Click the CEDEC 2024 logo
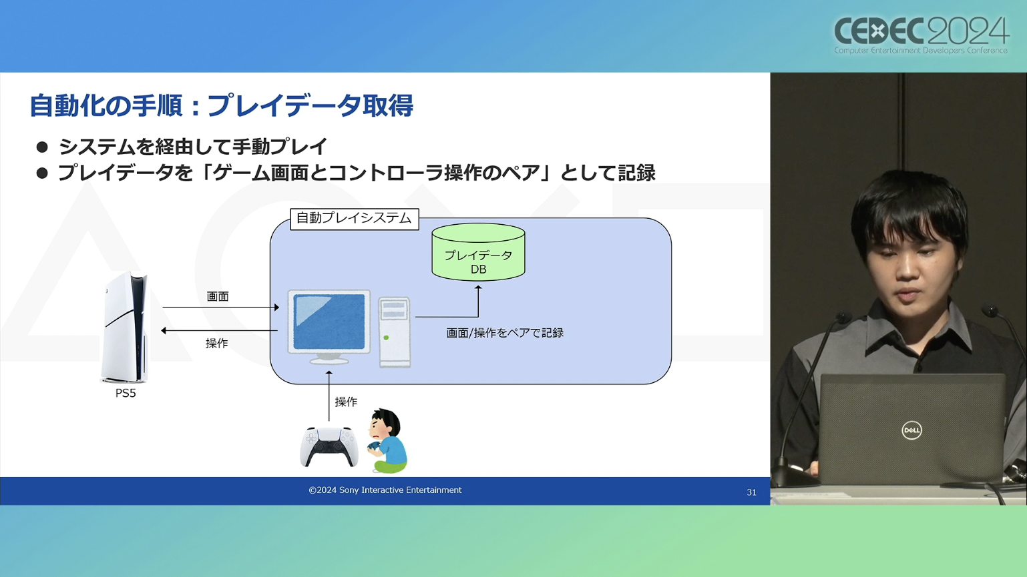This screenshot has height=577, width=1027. (x=921, y=35)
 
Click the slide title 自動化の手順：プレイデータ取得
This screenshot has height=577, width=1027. (x=221, y=105)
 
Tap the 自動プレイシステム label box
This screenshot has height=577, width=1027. (x=354, y=219)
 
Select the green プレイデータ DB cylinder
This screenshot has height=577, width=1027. (x=478, y=253)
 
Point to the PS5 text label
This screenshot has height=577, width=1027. (x=126, y=394)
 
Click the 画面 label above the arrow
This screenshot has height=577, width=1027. (x=218, y=296)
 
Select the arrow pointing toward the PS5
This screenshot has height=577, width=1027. (x=220, y=330)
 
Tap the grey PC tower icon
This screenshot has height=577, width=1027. (x=394, y=332)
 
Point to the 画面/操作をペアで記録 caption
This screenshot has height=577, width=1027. (x=505, y=333)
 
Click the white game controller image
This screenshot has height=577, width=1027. (x=329, y=446)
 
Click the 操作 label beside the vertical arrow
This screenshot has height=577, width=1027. (x=346, y=402)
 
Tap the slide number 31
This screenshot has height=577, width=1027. (x=751, y=492)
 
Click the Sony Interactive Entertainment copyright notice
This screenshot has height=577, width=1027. (x=385, y=490)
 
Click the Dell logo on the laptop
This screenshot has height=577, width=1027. (x=911, y=430)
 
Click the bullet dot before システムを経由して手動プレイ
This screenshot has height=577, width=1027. (x=42, y=147)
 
